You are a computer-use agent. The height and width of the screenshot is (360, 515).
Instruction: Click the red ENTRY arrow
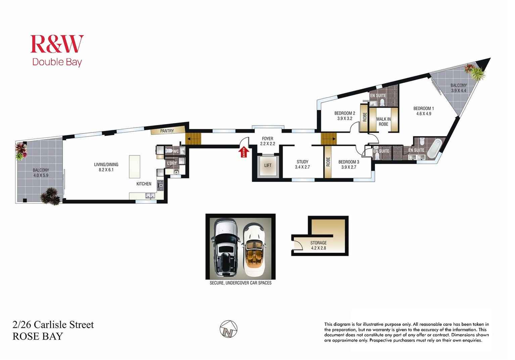point(244,153)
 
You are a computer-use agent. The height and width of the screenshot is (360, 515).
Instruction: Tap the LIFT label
point(268,165)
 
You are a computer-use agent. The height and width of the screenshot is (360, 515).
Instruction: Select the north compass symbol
point(228,329)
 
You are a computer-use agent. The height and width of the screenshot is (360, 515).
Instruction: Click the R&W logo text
point(57,44)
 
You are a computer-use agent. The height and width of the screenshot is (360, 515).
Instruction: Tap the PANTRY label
point(167,131)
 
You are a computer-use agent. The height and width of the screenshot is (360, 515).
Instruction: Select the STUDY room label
point(302,162)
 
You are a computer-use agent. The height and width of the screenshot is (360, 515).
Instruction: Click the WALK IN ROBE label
point(383,121)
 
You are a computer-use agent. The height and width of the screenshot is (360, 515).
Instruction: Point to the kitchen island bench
point(135,166)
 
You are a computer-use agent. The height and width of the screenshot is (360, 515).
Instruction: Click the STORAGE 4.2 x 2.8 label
point(318,245)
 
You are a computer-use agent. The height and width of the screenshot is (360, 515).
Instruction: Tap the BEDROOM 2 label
point(344,113)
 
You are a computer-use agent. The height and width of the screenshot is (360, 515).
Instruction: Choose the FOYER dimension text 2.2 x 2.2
point(268,144)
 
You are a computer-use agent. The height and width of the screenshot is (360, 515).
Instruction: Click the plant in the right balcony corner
point(474,72)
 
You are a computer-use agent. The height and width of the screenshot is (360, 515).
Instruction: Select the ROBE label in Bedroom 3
point(328,162)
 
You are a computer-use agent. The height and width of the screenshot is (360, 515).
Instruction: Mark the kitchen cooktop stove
point(160,184)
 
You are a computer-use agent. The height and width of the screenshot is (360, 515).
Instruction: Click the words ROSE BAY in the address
point(38,336)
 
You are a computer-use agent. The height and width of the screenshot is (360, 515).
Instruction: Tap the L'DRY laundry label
point(172,163)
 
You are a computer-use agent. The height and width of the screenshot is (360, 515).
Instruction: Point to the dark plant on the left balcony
point(51,196)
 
